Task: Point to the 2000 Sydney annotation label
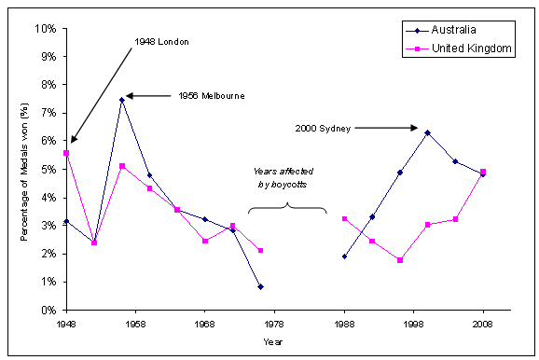[x=323, y=128]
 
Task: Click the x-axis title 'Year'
[x=274, y=341]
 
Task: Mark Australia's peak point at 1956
[x=122, y=99]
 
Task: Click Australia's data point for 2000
[x=427, y=132]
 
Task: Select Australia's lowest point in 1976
[x=260, y=286]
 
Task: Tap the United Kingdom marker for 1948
[x=66, y=153]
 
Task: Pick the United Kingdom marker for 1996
[x=399, y=260]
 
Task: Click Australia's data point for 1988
[x=344, y=256]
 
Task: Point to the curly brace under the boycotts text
[x=286, y=210]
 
